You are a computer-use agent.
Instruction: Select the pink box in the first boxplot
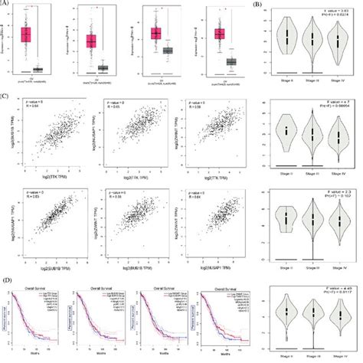tap(25, 35)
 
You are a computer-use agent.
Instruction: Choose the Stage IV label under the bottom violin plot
tap(334, 355)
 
